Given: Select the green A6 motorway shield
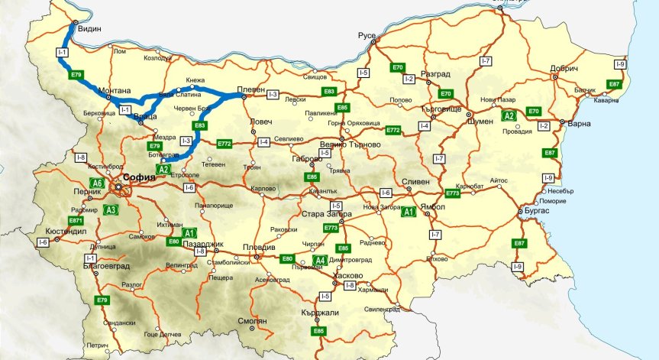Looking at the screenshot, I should tap(97, 183).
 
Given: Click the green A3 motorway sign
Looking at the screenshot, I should tap(111, 209).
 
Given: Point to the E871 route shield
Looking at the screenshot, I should tap(76, 220).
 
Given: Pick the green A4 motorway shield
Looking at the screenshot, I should tap(321, 260).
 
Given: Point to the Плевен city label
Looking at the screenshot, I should tap(251, 88).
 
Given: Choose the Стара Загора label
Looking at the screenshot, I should tap(327, 214).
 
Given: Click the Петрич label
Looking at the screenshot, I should tap(97, 345).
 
